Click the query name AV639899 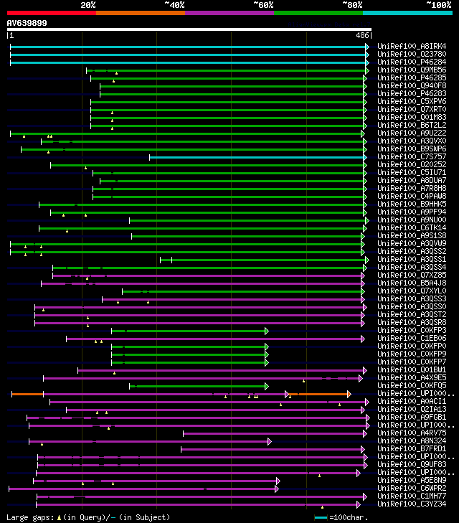(27, 23)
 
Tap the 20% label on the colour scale (88, 4)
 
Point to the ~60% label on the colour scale (263, 4)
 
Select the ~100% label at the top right (438, 4)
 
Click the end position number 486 (363, 34)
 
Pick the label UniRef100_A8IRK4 (412, 47)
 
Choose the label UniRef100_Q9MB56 (412, 70)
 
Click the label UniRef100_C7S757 (412, 156)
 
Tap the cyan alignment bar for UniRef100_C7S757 (258, 156)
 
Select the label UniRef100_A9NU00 (412, 220)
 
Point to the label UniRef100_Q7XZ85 (412, 275)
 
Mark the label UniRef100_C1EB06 (412, 339)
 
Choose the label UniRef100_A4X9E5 (412, 377)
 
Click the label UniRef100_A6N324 (412, 441)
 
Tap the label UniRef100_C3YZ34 (412, 504)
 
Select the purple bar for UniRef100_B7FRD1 (273, 449)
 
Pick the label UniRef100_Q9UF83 (412, 465)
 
